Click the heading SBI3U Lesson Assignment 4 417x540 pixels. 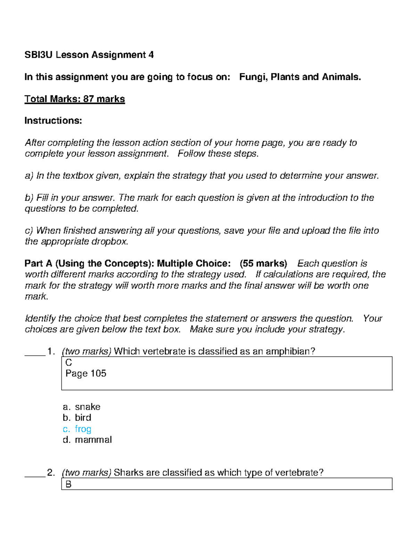tap(89, 55)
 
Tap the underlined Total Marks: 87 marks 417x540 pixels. tap(74, 99)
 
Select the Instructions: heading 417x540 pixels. tap(53, 121)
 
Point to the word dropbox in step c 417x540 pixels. tap(109, 242)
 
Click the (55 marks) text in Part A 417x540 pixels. tap(263, 264)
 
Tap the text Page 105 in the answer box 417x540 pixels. tap(86, 373)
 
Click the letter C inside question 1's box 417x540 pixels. tap(68, 363)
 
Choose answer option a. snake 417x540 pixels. tap(82, 407)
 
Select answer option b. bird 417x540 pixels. tap(77, 418)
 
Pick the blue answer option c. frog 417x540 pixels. tap(77, 429)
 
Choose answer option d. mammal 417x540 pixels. tap(87, 440)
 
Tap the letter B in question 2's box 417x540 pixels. tap(68, 484)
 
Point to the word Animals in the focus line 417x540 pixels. tap(341, 77)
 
